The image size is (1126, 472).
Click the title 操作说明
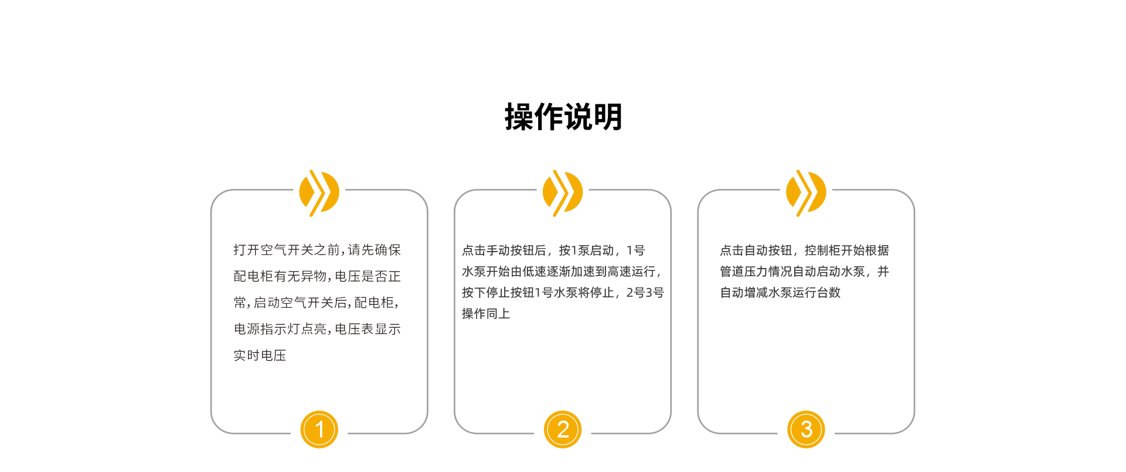tap(563, 117)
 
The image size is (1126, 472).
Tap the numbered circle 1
tap(319, 429)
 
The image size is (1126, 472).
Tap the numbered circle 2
tap(563, 429)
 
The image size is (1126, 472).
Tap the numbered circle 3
tap(806, 429)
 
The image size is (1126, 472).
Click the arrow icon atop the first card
tap(319, 193)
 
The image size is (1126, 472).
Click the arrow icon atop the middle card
tap(563, 193)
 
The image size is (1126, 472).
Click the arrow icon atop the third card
tap(806, 193)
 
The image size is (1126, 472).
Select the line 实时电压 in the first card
tap(260, 355)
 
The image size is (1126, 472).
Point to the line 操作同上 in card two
tap(486, 314)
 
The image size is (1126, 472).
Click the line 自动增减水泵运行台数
tap(780, 293)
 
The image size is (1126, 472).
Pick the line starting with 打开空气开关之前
tap(317, 250)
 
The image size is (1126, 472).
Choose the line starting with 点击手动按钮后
tap(553, 250)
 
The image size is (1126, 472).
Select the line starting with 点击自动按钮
tap(804, 250)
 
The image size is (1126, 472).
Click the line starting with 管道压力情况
tap(804, 271)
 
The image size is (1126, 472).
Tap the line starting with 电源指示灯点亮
tap(317, 329)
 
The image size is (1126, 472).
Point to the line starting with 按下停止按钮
tap(563, 293)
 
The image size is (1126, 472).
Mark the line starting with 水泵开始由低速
tap(562, 271)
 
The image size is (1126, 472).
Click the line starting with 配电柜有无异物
tap(317, 276)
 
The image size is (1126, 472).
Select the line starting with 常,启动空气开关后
tap(316, 303)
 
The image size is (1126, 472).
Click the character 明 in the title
tap(608, 117)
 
